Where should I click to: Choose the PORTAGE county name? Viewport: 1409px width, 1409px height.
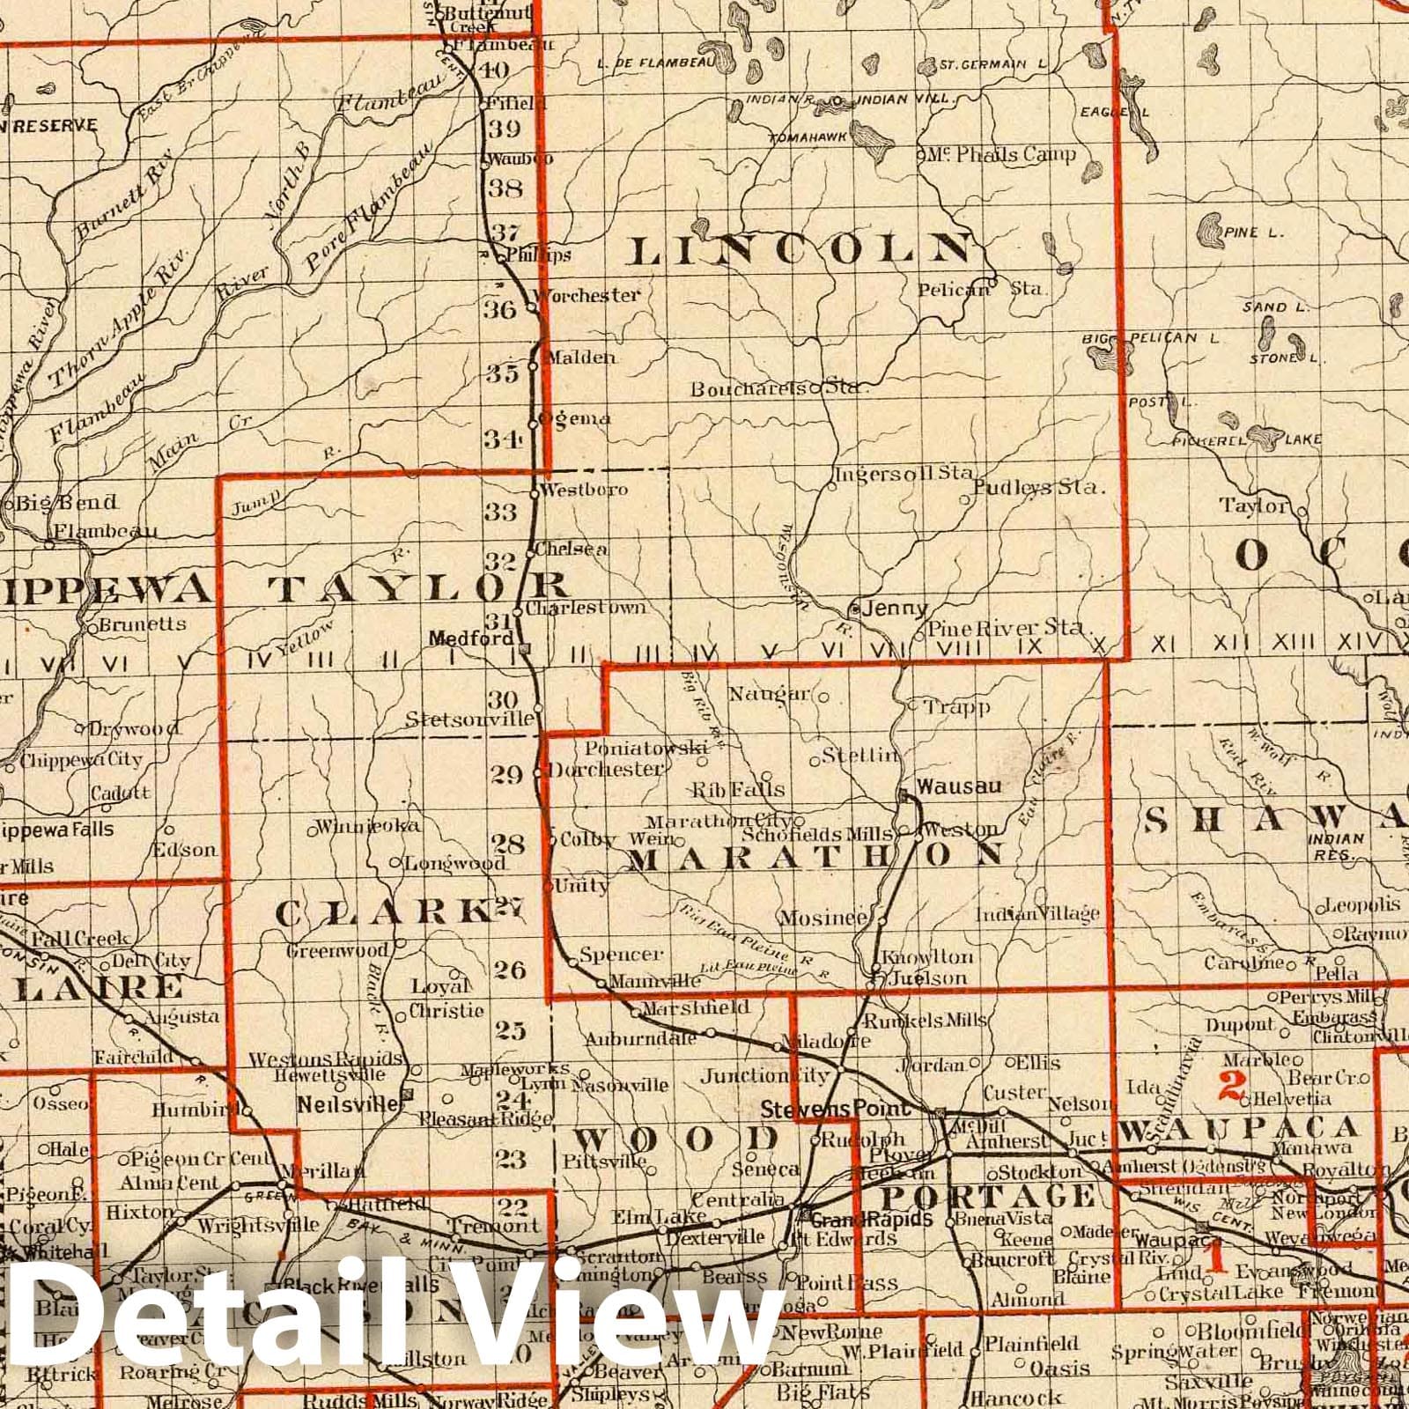point(988,1197)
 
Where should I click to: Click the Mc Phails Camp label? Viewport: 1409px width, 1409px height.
point(1000,155)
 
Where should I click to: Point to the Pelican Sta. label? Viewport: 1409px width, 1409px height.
point(981,288)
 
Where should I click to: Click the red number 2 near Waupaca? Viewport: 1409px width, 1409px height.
point(1230,1088)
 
